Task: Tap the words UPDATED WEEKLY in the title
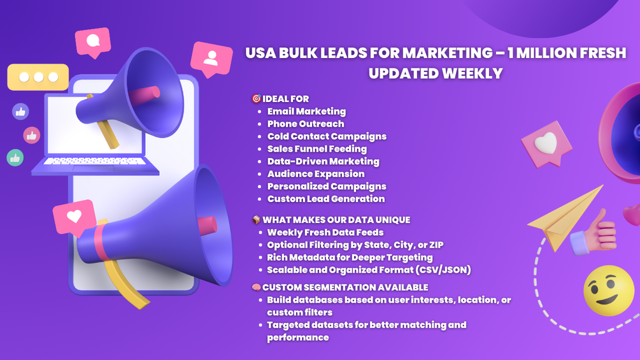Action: (x=436, y=73)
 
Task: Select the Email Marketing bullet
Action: (x=306, y=112)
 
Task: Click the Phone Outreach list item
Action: (x=306, y=124)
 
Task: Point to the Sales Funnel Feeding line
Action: (x=317, y=149)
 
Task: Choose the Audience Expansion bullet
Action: (x=316, y=174)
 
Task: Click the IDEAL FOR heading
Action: (x=286, y=99)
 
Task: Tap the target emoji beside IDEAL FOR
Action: (x=257, y=98)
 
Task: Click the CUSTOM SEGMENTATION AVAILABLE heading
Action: (x=345, y=287)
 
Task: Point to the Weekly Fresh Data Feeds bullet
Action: (x=325, y=233)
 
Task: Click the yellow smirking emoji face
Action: (x=609, y=291)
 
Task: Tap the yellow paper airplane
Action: (x=565, y=217)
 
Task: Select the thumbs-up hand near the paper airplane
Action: (x=594, y=233)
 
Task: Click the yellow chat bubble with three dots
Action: (x=38, y=76)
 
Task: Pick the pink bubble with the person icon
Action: (x=211, y=59)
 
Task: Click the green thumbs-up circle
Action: (x=15, y=157)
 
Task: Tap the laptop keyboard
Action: (x=94, y=161)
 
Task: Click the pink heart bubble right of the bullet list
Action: (x=546, y=143)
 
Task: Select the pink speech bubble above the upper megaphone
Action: (x=93, y=42)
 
